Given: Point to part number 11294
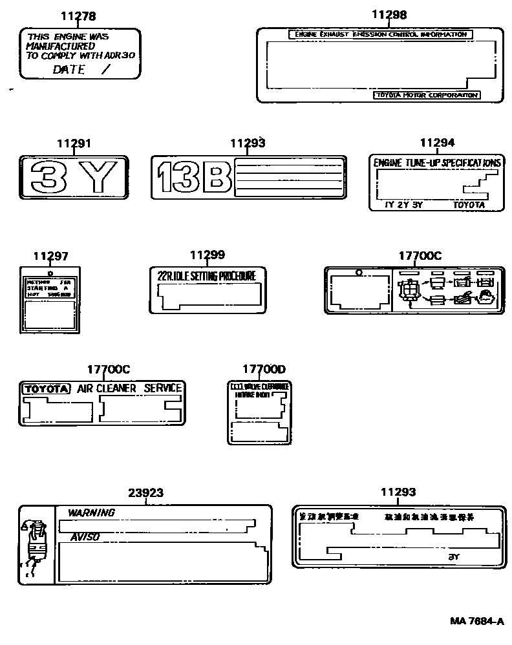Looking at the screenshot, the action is click(x=437, y=143).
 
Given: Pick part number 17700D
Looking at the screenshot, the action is click(x=264, y=369).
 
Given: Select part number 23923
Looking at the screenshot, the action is click(x=145, y=492).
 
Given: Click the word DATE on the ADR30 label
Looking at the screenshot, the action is click(x=69, y=69).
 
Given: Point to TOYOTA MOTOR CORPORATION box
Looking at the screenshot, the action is click(x=427, y=95).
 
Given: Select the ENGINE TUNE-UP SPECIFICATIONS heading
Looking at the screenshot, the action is click(x=437, y=163).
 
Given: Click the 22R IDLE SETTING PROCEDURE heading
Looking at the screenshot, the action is click(x=207, y=275).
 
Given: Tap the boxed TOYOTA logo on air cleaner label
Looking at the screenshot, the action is click(x=45, y=388).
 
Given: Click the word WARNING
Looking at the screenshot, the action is click(x=91, y=513).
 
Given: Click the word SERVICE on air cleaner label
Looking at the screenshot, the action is click(x=162, y=388).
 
